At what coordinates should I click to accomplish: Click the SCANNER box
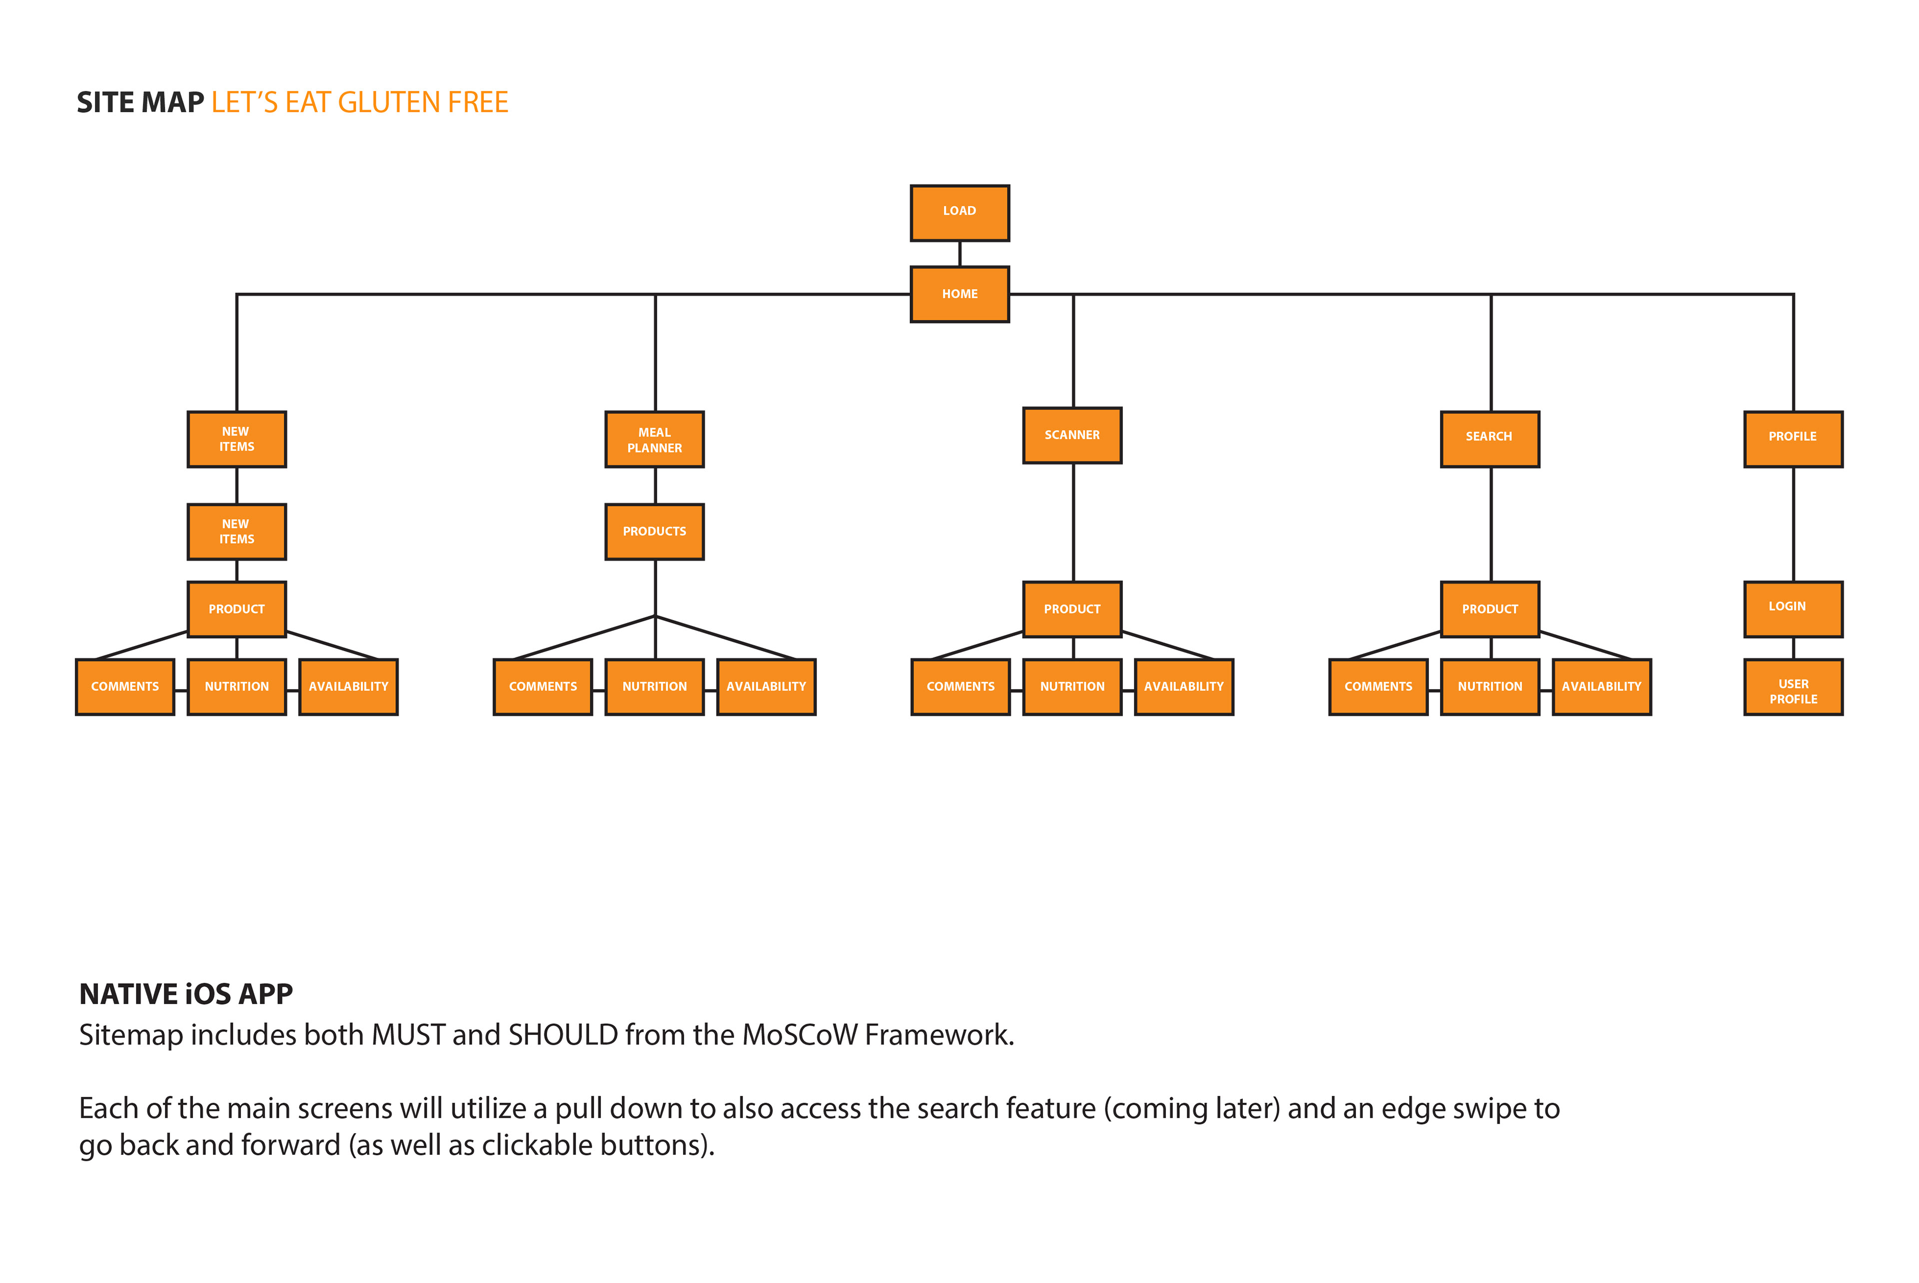point(1072,435)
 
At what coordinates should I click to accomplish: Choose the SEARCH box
point(1489,439)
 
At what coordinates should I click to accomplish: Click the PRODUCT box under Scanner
point(1072,609)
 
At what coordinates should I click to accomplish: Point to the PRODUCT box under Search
point(1489,609)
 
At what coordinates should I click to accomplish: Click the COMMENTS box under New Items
point(125,686)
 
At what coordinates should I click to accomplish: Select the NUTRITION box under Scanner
point(1072,686)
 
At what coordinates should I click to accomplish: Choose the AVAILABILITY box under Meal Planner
point(766,686)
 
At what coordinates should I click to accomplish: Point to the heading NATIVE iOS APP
point(186,993)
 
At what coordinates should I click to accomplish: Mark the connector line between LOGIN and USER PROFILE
point(1793,648)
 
